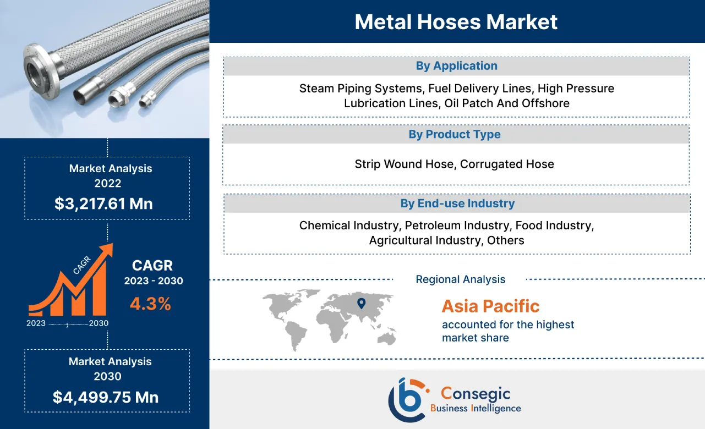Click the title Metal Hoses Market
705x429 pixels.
pyautogui.click(x=456, y=21)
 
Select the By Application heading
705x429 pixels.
pyautogui.click(x=456, y=66)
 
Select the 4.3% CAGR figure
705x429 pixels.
pyautogui.click(x=150, y=304)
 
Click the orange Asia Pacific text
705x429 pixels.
pyautogui.click(x=490, y=306)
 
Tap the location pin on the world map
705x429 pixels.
pyautogui.click(x=361, y=302)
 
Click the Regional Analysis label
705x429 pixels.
pyautogui.click(x=460, y=279)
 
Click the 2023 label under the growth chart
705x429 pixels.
pyautogui.click(x=36, y=323)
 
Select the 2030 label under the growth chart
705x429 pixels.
pyautogui.click(x=99, y=323)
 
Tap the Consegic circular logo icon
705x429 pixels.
pyautogui.click(x=407, y=399)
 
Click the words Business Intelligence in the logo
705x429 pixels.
pyautogui.click(x=476, y=408)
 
